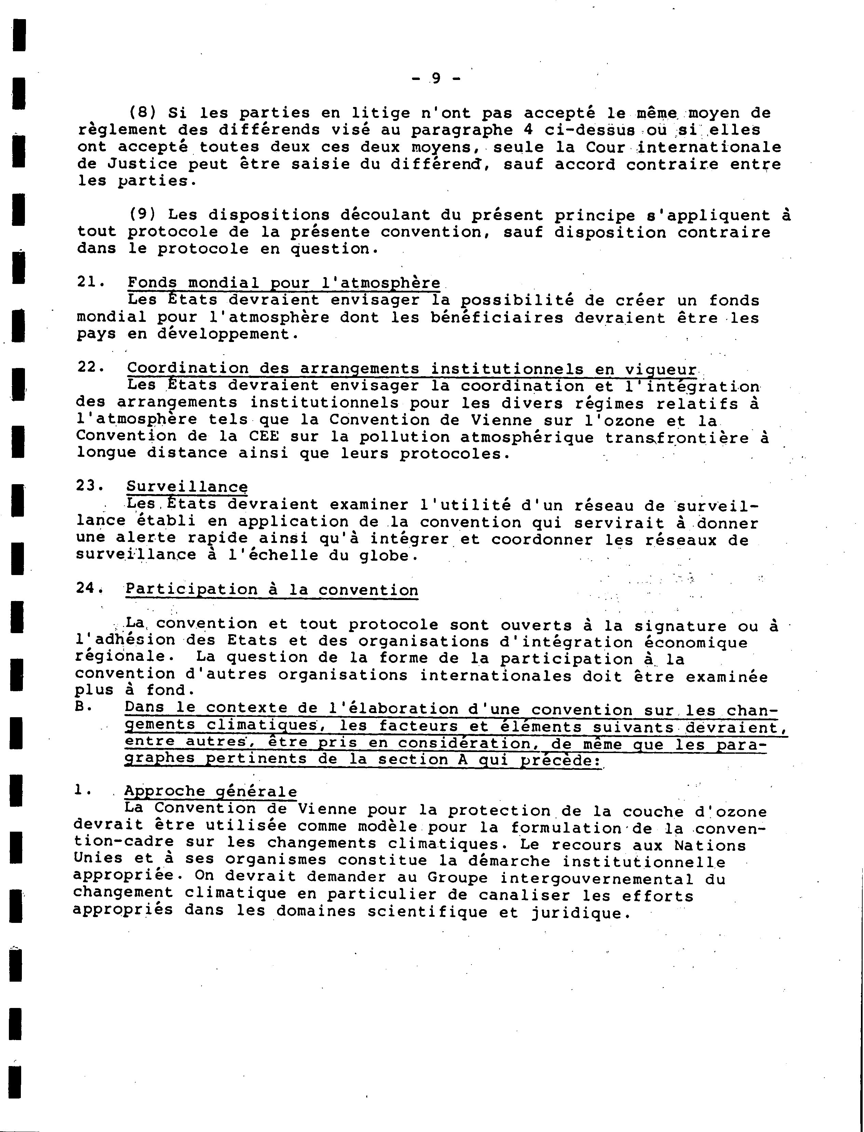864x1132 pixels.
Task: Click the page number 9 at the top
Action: click(436, 78)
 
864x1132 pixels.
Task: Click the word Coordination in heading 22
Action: click(187, 368)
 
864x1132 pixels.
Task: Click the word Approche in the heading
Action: click(165, 792)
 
